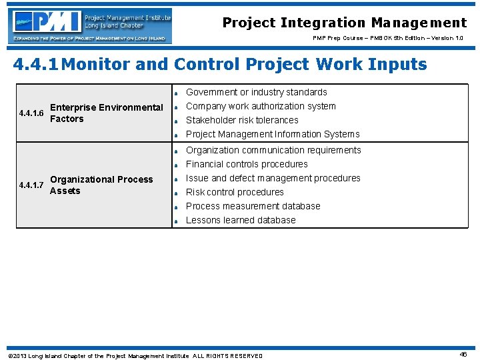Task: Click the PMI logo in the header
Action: pyautogui.click(x=91, y=25)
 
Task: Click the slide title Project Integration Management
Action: pyautogui.click(x=344, y=23)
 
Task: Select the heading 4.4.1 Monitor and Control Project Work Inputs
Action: pyautogui.click(x=220, y=65)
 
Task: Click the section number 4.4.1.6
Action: pyautogui.click(x=31, y=113)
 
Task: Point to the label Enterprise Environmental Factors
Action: pyautogui.click(x=106, y=113)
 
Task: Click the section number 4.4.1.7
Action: pyautogui.click(x=31, y=185)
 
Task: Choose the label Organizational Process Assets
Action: pyautogui.click(x=101, y=185)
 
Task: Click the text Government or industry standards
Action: pyautogui.click(x=256, y=92)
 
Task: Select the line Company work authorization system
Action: pyautogui.click(x=261, y=106)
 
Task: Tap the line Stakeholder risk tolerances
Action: pyautogui.click(x=241, y=120)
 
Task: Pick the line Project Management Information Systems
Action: pyautogui.click(x=272, y=134)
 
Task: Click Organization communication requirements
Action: pyautogui.click(x=273, y=150)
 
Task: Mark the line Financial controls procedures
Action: pyautogui.click(x=247, y=164)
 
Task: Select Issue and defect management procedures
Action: pyautogui.click(x=273, y=178)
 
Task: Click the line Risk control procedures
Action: pyautogui.click(x=235, y=192)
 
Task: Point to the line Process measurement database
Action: pyautogui.click(x=253, y=206)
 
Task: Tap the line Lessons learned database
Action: pyautogui.click(x=240, y=220)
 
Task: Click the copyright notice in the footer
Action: pyautogui.click(x=135, y=356)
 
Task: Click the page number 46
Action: pyautogui.click(x=463, y=355)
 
